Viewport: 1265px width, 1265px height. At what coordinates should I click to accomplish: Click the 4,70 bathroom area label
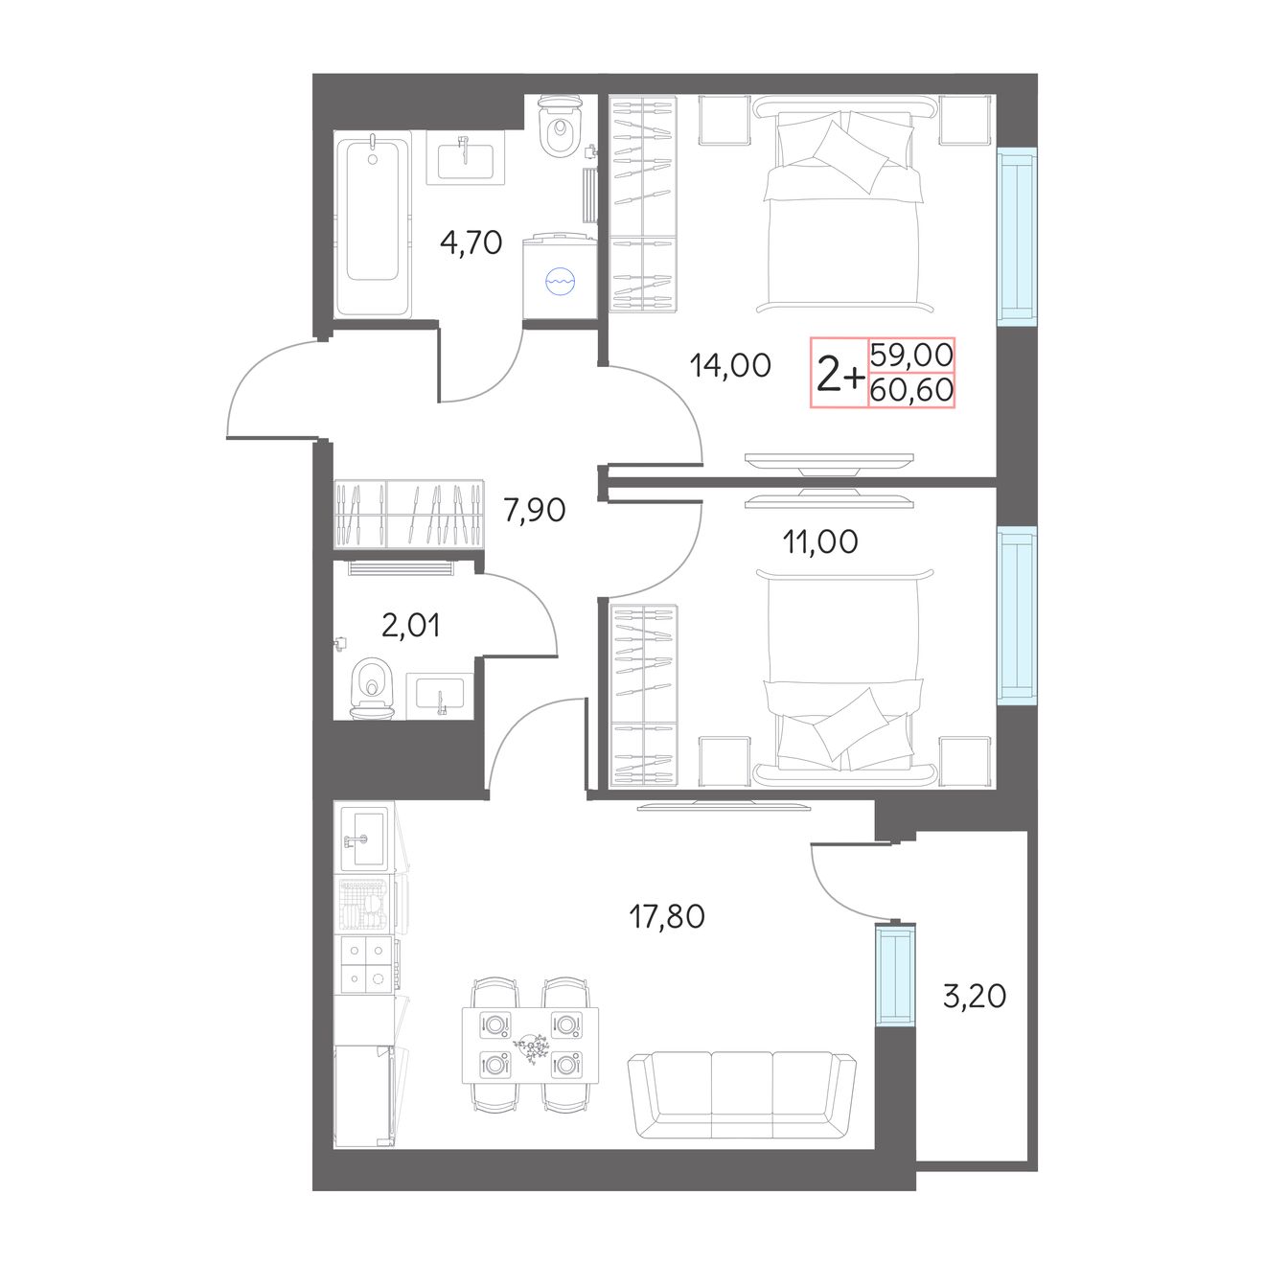(x=471, y=242)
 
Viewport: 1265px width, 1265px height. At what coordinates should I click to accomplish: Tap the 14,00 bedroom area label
(x=730, y=365)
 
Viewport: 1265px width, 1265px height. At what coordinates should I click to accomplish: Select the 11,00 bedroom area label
(x=820, y=541)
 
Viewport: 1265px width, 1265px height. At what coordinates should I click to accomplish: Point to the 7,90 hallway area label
(x=535, y=510)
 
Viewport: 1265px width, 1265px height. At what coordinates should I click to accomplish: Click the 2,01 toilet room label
(x=411, y=625)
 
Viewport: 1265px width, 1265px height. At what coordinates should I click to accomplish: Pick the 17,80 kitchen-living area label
(x=667, y=916)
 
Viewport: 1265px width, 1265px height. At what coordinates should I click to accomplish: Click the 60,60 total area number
(x=911, y=390)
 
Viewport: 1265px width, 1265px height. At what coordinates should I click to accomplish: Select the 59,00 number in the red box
(x=911, y=356)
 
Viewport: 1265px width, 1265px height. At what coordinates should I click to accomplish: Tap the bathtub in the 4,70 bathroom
(x=372, y=224)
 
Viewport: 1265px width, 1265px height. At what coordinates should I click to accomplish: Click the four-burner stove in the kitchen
(x=366, y=964)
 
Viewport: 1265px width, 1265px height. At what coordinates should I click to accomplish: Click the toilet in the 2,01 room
(x=373, y=688)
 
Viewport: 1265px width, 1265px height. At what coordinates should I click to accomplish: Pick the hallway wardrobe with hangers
(x=409, y=514)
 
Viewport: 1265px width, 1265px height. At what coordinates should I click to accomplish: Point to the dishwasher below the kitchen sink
(x=366, y=905)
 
